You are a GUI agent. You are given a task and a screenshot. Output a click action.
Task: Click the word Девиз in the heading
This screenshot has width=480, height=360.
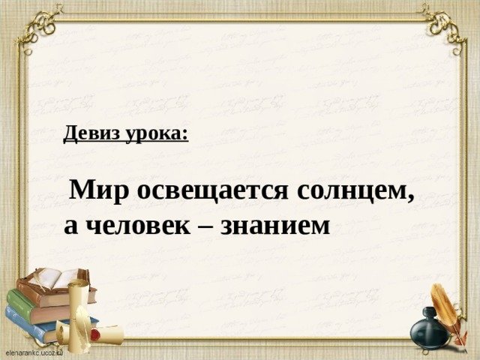91,133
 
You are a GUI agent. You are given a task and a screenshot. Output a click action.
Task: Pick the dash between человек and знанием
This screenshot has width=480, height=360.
205,227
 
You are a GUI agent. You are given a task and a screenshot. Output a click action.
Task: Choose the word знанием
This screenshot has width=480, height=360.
275,226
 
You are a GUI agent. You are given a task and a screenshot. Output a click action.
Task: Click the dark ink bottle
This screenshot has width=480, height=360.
428,330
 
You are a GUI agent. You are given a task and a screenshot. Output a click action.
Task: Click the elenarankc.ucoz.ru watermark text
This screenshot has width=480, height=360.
34,352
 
